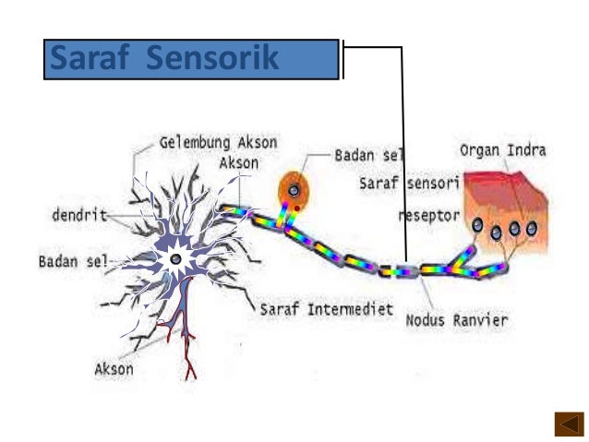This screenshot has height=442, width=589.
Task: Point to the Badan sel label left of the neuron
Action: pos(72,260)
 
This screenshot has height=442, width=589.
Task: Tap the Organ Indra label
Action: pos(503,150)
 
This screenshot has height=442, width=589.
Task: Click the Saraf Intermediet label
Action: pos(328,306)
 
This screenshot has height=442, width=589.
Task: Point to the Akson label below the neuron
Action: pos(114,369)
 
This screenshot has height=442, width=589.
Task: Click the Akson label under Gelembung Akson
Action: pos(239,162)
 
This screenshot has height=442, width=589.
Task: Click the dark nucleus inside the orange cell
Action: pos(294,190)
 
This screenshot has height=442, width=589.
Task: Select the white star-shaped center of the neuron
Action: pos(173,258)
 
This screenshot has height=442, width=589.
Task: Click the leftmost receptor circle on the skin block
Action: pos(477,225)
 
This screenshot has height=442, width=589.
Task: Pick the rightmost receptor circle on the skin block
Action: pos(531,227)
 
